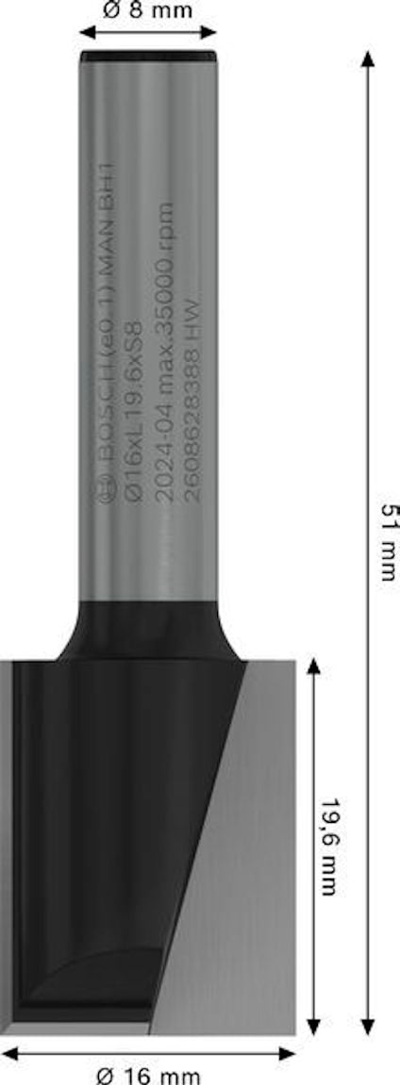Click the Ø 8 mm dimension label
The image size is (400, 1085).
147,11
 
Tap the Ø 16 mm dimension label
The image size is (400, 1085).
150,1075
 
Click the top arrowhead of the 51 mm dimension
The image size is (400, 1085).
368,58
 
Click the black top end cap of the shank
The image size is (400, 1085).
148,57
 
